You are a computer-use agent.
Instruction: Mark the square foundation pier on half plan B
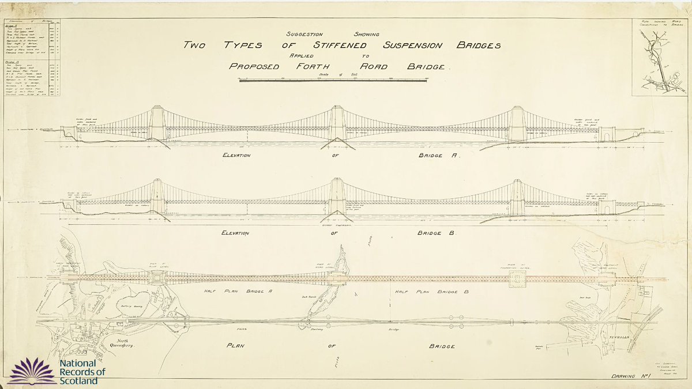518,280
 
